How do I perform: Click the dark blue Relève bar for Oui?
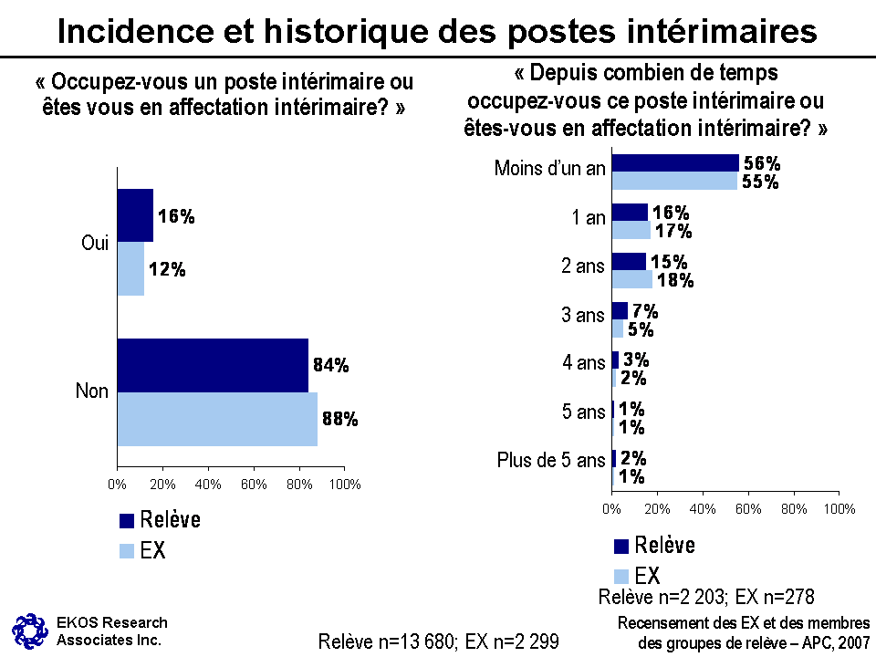point(135,215)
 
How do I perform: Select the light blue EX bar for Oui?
point(130,269)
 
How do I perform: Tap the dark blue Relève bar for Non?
point(213,365)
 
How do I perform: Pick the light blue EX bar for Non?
point(217,419)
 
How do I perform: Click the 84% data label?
point(330,366)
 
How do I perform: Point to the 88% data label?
point(339,420)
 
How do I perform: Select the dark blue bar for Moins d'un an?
point(675,162)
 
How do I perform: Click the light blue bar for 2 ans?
point(632,279)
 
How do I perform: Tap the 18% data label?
point(675,280)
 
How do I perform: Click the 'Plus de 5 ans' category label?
point(551,461)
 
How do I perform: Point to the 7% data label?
point(645,311)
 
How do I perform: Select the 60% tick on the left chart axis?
point(254,483)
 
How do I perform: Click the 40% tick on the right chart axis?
point(703,507)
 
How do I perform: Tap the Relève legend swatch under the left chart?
point(127,521)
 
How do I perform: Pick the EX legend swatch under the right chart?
point(621,576)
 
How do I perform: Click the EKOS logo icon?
point(28,629)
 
